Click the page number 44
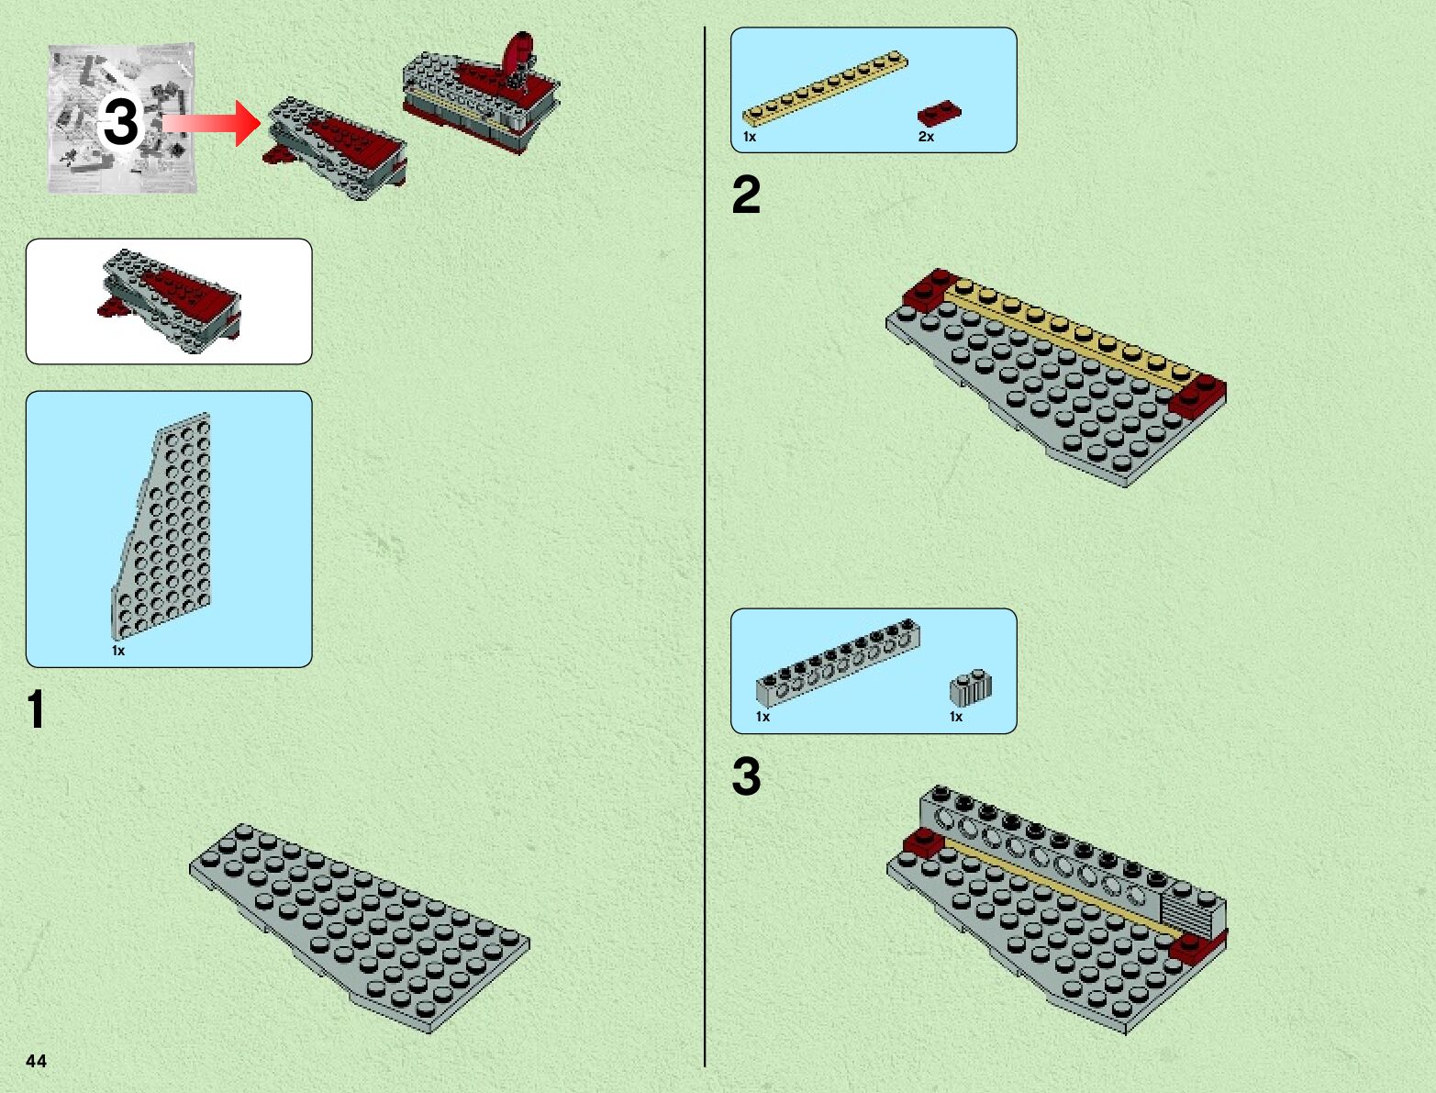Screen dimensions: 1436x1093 point(36,1061)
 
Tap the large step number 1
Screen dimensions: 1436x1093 point(36,709)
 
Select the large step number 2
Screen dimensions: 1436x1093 point(746,195)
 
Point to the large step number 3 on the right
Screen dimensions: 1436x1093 point(746,776)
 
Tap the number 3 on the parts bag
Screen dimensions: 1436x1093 point(120,121)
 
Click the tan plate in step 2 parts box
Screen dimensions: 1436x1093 point(825,88)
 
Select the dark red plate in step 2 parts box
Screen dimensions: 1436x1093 point(939,113)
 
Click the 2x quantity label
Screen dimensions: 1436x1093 point(926,137)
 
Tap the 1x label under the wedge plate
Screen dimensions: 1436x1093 point(118,651)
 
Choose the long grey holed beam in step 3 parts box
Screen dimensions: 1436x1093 point(838,660)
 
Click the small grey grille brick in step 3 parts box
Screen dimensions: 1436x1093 point(971,687)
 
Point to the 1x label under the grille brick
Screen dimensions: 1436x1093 point(956,717)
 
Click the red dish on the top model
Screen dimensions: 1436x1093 point(517,54)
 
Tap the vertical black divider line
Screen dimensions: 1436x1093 point(705,551)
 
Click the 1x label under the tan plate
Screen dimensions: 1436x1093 point(750,137)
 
